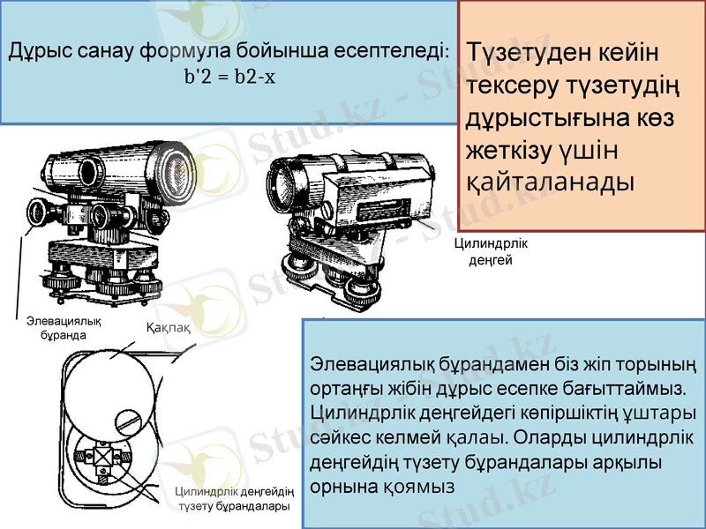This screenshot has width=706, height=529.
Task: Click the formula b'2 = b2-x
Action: pyautogui.click(x=229, y=77)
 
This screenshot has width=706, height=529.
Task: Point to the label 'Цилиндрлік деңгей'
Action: pyautogui.click(x=484, y=251)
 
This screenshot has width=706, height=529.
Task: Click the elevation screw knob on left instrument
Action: pyautogui.click(x=39, y=214)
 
